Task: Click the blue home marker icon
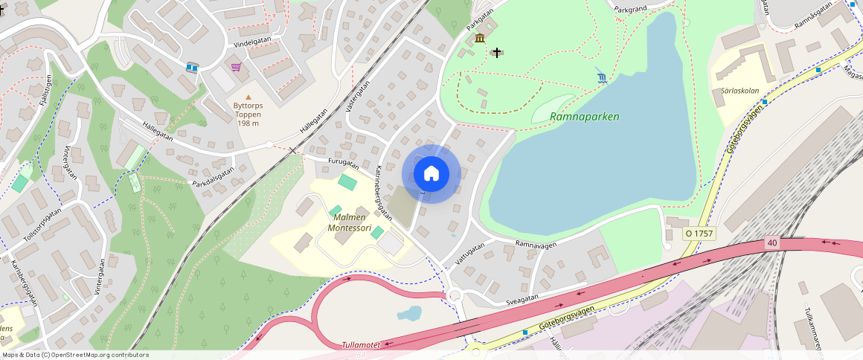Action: (431, 174)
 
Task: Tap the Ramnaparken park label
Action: (584, 117)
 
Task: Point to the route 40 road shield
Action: (771, 242)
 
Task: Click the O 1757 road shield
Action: (699, 234)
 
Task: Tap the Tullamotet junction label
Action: (361, 345)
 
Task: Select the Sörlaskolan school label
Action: (740, 91)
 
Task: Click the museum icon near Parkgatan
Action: (480, 38)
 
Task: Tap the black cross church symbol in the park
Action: (497, 53)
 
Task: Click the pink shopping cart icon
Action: (236, 67)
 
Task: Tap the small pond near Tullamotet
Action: (409, 313)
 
